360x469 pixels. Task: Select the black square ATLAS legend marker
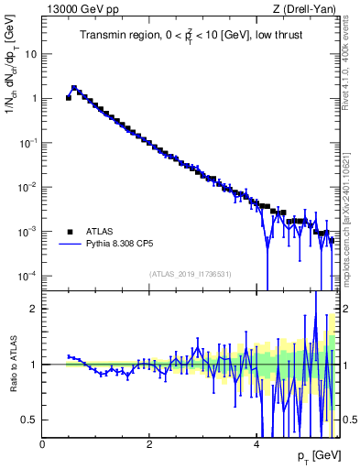pos(70,231)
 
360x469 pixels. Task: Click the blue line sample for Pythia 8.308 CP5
pos(70,245)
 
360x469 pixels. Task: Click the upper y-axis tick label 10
pos(31,53)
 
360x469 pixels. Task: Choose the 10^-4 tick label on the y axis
pos(29,276)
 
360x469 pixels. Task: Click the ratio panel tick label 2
pos(34,310)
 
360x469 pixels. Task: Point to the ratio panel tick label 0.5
pos(29,420)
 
